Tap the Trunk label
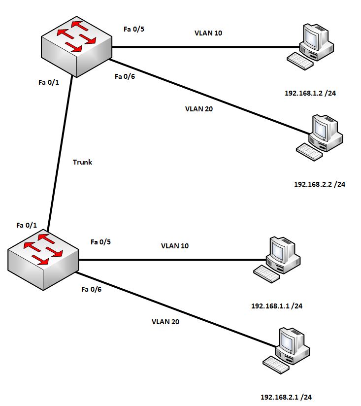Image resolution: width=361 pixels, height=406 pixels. [82, 162]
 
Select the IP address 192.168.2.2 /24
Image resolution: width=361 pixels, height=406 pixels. [320, 184]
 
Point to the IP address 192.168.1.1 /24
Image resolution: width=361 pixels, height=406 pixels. [276, 306]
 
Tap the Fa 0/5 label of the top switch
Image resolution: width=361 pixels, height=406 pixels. [133, 29]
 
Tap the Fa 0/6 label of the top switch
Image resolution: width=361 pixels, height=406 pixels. [125, 76]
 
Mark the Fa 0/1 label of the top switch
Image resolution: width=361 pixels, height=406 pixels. [48, 82]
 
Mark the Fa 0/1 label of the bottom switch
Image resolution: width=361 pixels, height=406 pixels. [27, 225]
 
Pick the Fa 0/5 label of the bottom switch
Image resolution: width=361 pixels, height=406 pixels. [101, 242]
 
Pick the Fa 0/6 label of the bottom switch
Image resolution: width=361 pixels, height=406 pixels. [91, 289]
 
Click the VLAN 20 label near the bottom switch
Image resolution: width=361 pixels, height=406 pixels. [165, 322]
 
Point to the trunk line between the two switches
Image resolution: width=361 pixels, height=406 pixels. [60, 153]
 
